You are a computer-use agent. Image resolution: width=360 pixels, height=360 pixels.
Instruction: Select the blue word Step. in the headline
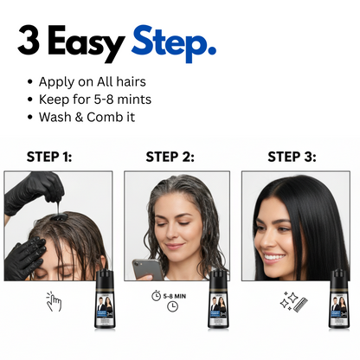pyautogui.click(x=173, y=43)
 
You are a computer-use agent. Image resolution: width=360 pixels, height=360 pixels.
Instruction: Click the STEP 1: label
pyautogui.click(x=48, y=157)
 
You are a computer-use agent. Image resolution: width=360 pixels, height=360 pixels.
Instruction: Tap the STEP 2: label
pyautogui.click(x=170, y=157)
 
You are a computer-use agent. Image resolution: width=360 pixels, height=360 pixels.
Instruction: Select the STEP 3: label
pyautogui.click(x=292, y=157)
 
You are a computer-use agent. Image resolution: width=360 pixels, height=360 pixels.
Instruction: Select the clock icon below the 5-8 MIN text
pyautogui.click(x=172, y=306)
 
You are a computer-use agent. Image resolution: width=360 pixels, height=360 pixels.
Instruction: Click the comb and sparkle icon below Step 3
pyautogui.click(x=290, y=300)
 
